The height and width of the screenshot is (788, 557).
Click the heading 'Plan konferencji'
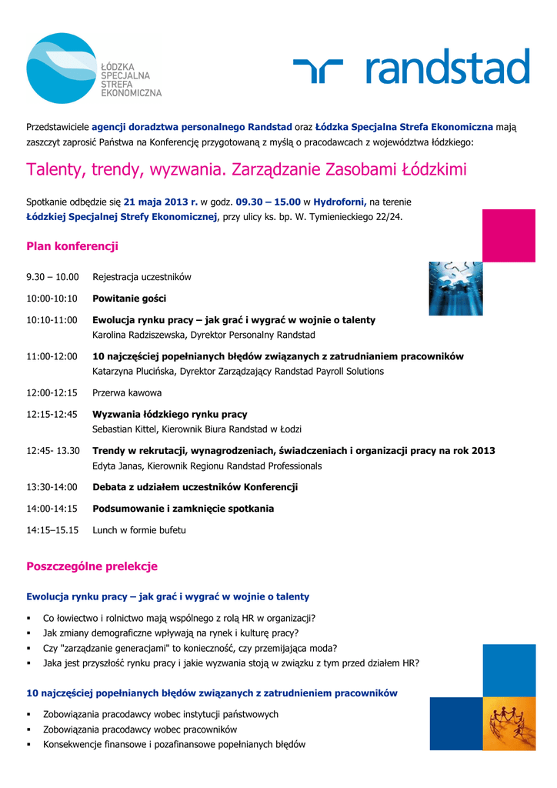(x=72, y=247)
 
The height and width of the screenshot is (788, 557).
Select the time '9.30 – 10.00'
(x=53, y=277)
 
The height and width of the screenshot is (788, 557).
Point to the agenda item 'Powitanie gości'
(x=129, y=299)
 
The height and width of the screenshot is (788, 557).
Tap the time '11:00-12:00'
(x=52, y=357)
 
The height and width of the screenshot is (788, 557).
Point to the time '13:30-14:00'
(x=52, y=487)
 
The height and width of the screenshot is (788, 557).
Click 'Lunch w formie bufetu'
(x=139, y=530)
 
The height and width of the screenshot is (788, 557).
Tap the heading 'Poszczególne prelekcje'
(x=92, y=567)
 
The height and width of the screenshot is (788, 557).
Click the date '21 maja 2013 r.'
(x=161, y=202)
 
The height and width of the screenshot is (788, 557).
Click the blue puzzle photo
(x=455, y=289)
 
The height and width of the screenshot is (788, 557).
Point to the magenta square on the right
(x=509, y=235)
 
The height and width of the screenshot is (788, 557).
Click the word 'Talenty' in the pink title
(x=56, y=169)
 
